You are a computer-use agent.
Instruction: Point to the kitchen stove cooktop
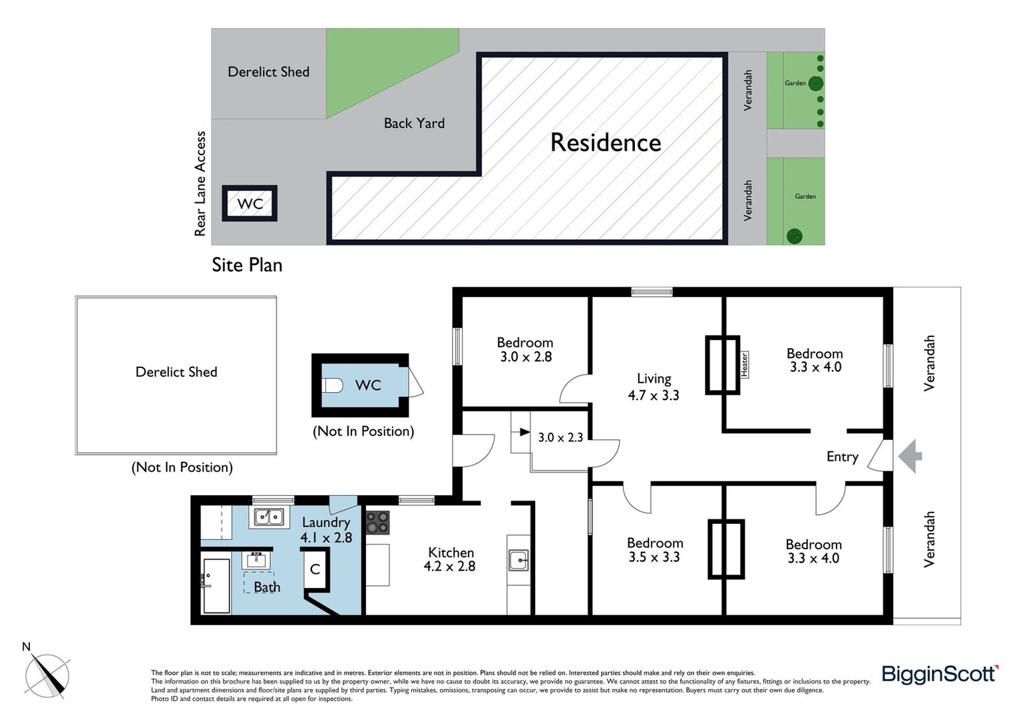click(377, 523)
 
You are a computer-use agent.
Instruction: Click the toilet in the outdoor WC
click(332, 385)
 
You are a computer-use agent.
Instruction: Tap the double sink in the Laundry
click(269, 517)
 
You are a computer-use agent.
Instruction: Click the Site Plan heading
click(247, 265)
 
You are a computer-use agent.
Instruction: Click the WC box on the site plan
click(249, 203)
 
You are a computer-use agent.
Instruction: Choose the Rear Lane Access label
click(200, 184)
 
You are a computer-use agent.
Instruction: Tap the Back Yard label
click(414, 123)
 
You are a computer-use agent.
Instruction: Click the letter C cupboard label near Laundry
click(315, 569)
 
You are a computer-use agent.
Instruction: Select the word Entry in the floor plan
click(842, 457)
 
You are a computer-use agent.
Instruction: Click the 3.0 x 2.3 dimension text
click(560, 437)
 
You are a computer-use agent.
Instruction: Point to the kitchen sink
click(518, 560)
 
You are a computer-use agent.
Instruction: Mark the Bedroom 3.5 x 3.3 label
click(655, 550)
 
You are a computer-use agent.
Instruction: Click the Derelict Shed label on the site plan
click(268, 72)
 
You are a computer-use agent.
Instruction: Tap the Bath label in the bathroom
click(267, 587)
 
